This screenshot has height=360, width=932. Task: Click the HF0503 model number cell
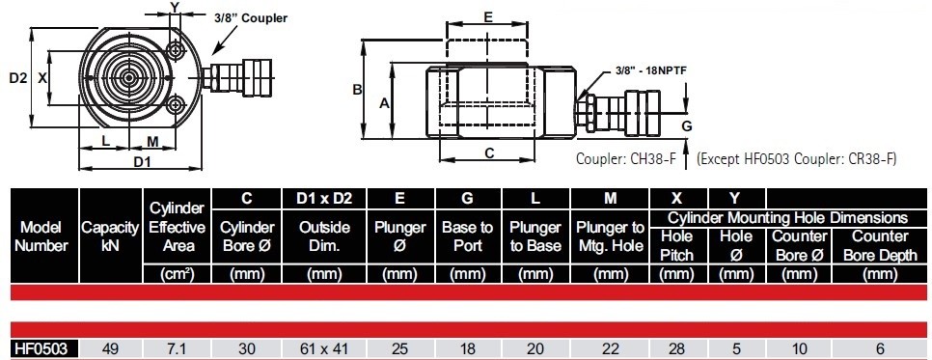(41, 348)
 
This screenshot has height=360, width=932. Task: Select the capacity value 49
(111, 348)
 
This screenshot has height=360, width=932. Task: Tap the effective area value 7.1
(178, 348)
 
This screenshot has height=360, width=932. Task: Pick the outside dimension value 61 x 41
(324, 348)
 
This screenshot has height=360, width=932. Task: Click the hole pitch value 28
(677, 348)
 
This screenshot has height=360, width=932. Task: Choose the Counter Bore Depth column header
(880, 246)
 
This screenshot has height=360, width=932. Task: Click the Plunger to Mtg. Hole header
(611, 236)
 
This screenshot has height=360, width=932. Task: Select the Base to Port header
(468, 236)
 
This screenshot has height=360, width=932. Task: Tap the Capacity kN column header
(111, 236)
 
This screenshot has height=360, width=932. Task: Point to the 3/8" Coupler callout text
(250, 17)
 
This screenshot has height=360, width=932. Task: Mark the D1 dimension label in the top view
(142, 160)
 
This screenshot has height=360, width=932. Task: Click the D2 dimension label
(17, 77)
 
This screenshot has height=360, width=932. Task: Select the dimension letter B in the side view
(357, 90)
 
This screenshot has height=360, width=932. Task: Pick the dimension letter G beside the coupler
(687, 126)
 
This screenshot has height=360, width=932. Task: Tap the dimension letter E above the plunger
(487, 17)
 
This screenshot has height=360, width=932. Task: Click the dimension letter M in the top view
(152, 141)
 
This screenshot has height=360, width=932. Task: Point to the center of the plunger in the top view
(127, 77)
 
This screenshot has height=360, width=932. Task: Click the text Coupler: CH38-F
(626, 159)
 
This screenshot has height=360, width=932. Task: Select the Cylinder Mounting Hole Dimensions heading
(788, 217)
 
